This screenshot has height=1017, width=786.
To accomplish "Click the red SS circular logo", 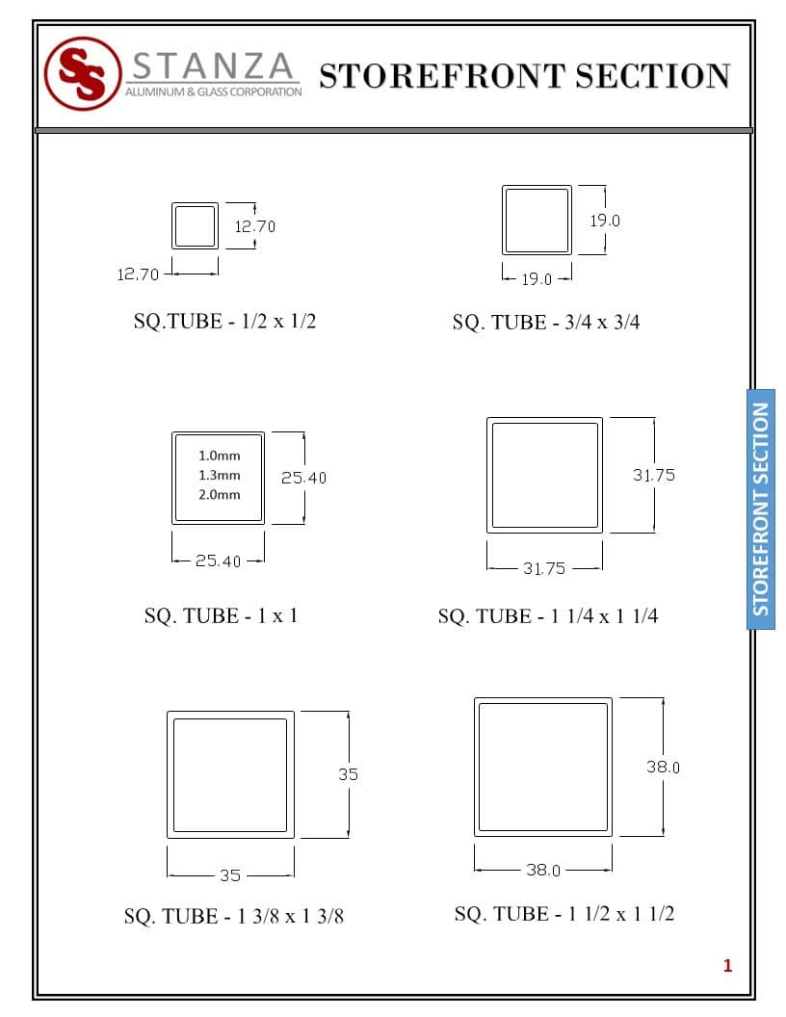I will click(83, 73).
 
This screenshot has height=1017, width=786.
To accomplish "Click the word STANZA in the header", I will click(212, 65).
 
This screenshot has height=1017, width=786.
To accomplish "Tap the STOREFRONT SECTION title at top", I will click(524, 75).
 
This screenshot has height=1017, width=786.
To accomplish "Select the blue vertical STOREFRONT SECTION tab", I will click(761, 508).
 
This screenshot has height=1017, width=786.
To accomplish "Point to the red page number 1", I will click(727, 965).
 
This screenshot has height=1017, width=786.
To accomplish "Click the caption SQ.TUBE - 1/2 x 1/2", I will click(224, 321).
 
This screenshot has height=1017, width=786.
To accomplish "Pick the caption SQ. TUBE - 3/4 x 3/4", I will click(546, 323).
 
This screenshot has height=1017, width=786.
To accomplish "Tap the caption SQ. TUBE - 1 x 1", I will click(221, 615).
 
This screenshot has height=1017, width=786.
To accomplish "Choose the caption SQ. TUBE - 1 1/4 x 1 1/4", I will click(548, 616).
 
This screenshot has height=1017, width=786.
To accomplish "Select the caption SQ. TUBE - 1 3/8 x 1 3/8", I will click(233, 916).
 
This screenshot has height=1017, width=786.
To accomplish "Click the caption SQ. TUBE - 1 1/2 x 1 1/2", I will click(564, 913).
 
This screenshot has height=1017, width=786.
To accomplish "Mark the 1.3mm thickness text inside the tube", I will click(220, 475).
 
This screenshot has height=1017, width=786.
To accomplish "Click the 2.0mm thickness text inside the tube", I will click(220, 495).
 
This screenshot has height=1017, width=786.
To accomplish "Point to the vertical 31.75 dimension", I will click(654, 475).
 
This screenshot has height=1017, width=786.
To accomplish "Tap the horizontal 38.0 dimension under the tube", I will click(543, 870).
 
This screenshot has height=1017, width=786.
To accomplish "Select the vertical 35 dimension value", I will click(348, 773).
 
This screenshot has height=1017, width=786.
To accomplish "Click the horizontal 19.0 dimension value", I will click(537, 279).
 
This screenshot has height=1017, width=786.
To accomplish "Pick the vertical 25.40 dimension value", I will click(303, 478).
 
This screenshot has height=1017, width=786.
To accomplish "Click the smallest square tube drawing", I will click(195, 226).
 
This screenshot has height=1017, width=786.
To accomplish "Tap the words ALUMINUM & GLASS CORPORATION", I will click(213, 91).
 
